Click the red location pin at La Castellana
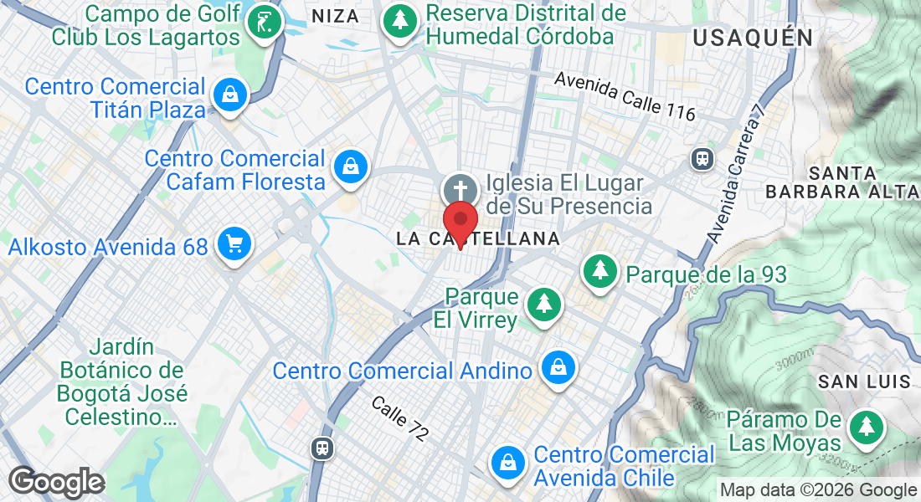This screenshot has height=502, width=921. point(460,219)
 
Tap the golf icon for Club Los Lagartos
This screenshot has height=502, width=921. point(265,26)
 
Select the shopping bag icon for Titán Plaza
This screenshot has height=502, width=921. point(229,95)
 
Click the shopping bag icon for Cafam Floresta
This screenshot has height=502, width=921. point(351,166)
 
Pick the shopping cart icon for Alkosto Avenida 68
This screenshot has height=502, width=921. point(234,244)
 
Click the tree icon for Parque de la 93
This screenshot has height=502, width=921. point(599,271)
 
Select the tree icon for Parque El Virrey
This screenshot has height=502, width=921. point(545,301)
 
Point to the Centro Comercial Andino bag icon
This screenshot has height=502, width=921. point(556,367)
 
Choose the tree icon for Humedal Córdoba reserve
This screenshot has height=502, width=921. point(401,20)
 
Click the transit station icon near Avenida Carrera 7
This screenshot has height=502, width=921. point(702,158)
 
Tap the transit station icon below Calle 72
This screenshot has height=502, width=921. point(322,448)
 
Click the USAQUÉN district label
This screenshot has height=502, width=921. point(753,38)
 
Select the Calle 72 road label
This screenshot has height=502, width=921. point(400,418)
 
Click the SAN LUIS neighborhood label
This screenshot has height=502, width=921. point(864,382)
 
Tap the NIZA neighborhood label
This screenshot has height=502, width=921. point(335,16)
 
